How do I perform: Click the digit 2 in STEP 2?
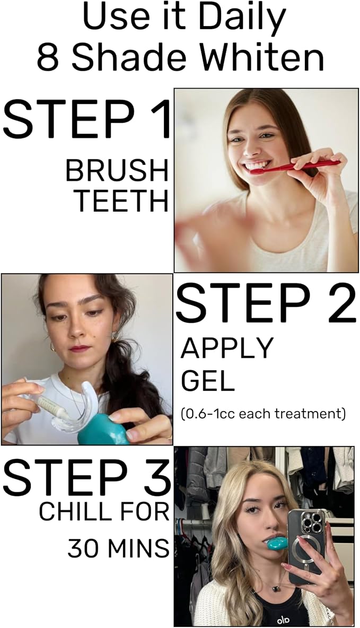tap(341, 303)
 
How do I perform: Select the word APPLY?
tap(227, 347)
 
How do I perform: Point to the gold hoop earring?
tap(53, 346)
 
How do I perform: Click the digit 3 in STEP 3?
tap(155, 477)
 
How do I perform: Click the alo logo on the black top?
tap(283, 621)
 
